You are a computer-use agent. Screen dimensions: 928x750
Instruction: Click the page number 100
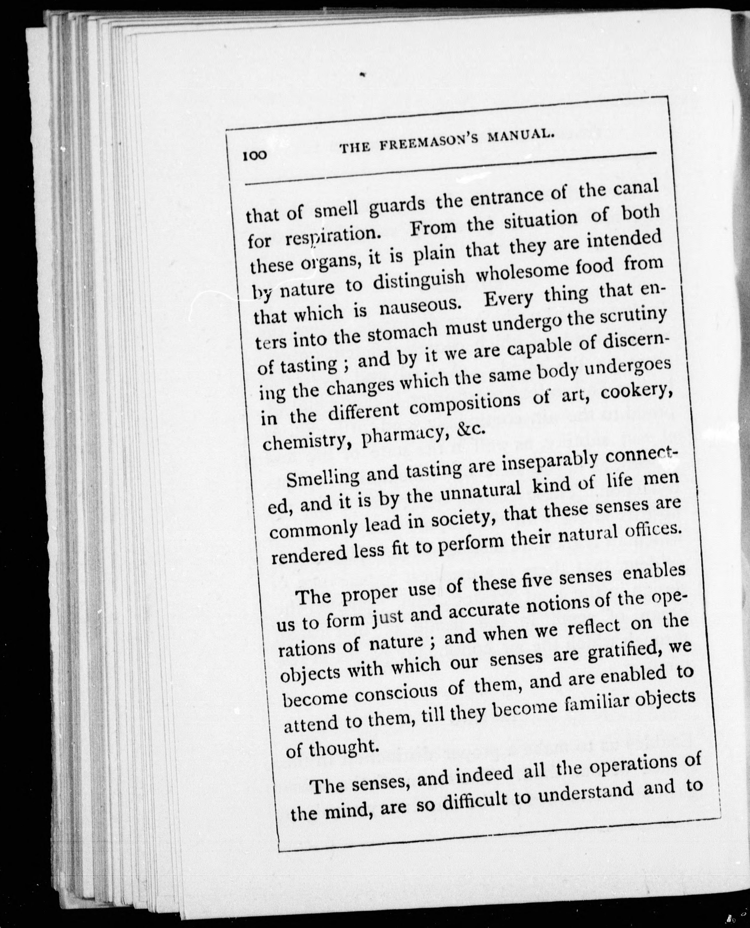(x=255, y=156)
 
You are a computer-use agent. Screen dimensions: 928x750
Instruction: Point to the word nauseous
(x=419, y=306)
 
